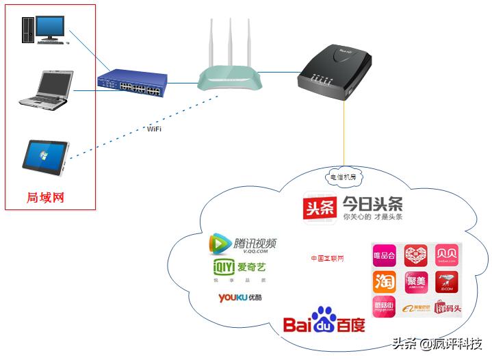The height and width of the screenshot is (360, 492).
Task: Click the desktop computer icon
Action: pyautogui.click(x=44, y=29)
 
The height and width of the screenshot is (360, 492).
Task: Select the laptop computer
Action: pyautogui.click(x=44, y=89)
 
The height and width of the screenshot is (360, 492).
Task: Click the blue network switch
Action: pyautogui.click(x=131, y=82)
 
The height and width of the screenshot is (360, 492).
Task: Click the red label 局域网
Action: pyautogui.click(x=45, y=197)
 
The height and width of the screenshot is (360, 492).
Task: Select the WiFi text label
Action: pyautogui.click(x=155, y=128)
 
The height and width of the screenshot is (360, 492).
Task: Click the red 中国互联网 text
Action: pyautogui.click(x=327, y=258)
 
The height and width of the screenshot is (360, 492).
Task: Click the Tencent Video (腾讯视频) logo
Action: pyautogui.click(x=242, y=244)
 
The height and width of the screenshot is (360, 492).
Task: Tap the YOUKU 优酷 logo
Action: pyautogui.click(x=239, y=298)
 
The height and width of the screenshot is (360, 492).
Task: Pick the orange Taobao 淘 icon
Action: pyautogui.click(x=384, y=281)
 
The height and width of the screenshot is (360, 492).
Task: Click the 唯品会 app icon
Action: pyautogui.click(x=384, y=256)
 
